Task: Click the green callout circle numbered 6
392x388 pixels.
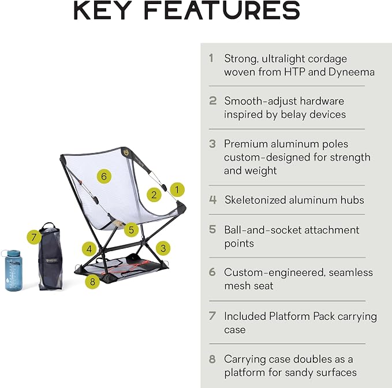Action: [104, 177]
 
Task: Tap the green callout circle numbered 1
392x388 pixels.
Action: [177, 190]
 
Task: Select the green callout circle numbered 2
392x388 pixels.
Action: [154, 195]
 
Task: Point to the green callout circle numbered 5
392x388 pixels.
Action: [131, 230]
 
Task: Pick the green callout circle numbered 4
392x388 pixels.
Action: [89, 249]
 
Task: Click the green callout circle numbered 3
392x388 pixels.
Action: [163, 248]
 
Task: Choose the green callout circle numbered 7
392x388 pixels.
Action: [34, 237]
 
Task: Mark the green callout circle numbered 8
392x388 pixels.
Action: [92, 282]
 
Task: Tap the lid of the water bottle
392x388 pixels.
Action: [13, 253]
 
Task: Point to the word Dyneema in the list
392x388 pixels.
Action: [351, 72]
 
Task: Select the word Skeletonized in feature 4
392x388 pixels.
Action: [255, 200]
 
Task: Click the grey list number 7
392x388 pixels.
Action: [212, 316]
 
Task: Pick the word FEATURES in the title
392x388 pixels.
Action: [222, 10]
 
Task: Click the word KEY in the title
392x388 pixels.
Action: [103, 10]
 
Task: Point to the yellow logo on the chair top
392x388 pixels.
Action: [125, 151]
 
